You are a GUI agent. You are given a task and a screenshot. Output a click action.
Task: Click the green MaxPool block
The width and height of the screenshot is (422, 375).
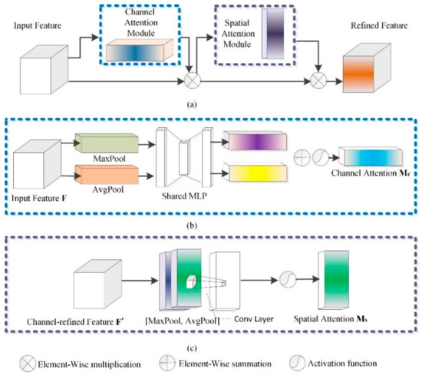click(107, 143)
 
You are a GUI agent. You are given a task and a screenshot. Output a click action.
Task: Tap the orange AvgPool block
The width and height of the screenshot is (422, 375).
click(107, 175)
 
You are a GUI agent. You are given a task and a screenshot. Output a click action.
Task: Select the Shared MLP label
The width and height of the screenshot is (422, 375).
click(185, 196)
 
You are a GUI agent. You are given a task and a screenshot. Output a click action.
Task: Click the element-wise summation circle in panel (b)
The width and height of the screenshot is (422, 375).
click(302, 157)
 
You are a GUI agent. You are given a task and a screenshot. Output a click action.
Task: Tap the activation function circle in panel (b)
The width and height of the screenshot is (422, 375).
click(321, 157)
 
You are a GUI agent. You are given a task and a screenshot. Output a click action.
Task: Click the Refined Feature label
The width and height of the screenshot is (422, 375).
click(379, 25)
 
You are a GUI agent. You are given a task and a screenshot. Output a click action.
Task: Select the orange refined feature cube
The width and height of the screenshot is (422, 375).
click(367, 68)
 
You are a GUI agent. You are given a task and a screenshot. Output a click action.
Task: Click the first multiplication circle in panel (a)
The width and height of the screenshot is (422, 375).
click(193, 81)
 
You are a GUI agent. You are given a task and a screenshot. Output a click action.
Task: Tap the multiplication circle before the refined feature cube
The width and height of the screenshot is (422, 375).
click(318, 81)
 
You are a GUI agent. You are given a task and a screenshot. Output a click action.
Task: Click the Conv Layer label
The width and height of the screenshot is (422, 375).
click(254, 319)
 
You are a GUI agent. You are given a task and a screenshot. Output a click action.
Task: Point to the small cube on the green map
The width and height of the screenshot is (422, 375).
click(190, 282)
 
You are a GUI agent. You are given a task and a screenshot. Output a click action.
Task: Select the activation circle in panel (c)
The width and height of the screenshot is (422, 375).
click(288, 279)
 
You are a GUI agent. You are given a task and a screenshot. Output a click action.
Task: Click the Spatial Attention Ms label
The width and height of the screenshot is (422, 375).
click(330, 319)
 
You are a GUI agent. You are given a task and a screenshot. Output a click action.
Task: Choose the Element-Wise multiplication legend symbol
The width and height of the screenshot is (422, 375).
click(28, 363)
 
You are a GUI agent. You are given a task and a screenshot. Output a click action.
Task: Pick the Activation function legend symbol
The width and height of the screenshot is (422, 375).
click(298, 363)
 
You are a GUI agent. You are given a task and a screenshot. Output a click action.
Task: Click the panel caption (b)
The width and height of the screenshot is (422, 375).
click(192, 225)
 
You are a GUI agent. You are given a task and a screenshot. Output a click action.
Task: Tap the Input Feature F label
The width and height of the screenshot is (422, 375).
click(39, 199)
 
